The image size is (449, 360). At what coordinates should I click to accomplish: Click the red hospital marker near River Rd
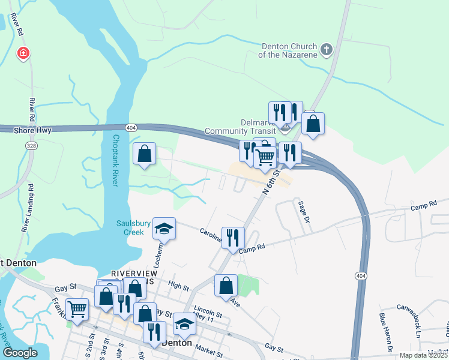(x=23, y=54)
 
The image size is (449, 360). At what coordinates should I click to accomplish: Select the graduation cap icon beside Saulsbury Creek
(x=163, y=229)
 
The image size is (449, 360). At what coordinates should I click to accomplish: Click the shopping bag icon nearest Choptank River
(x=145, y=154)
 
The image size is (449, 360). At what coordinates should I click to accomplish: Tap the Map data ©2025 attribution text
(x=423, y=355)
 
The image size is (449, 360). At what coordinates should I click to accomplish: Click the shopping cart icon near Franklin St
(x=77, y=310)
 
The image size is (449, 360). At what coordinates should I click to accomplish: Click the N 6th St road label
(x=272, y=181)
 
